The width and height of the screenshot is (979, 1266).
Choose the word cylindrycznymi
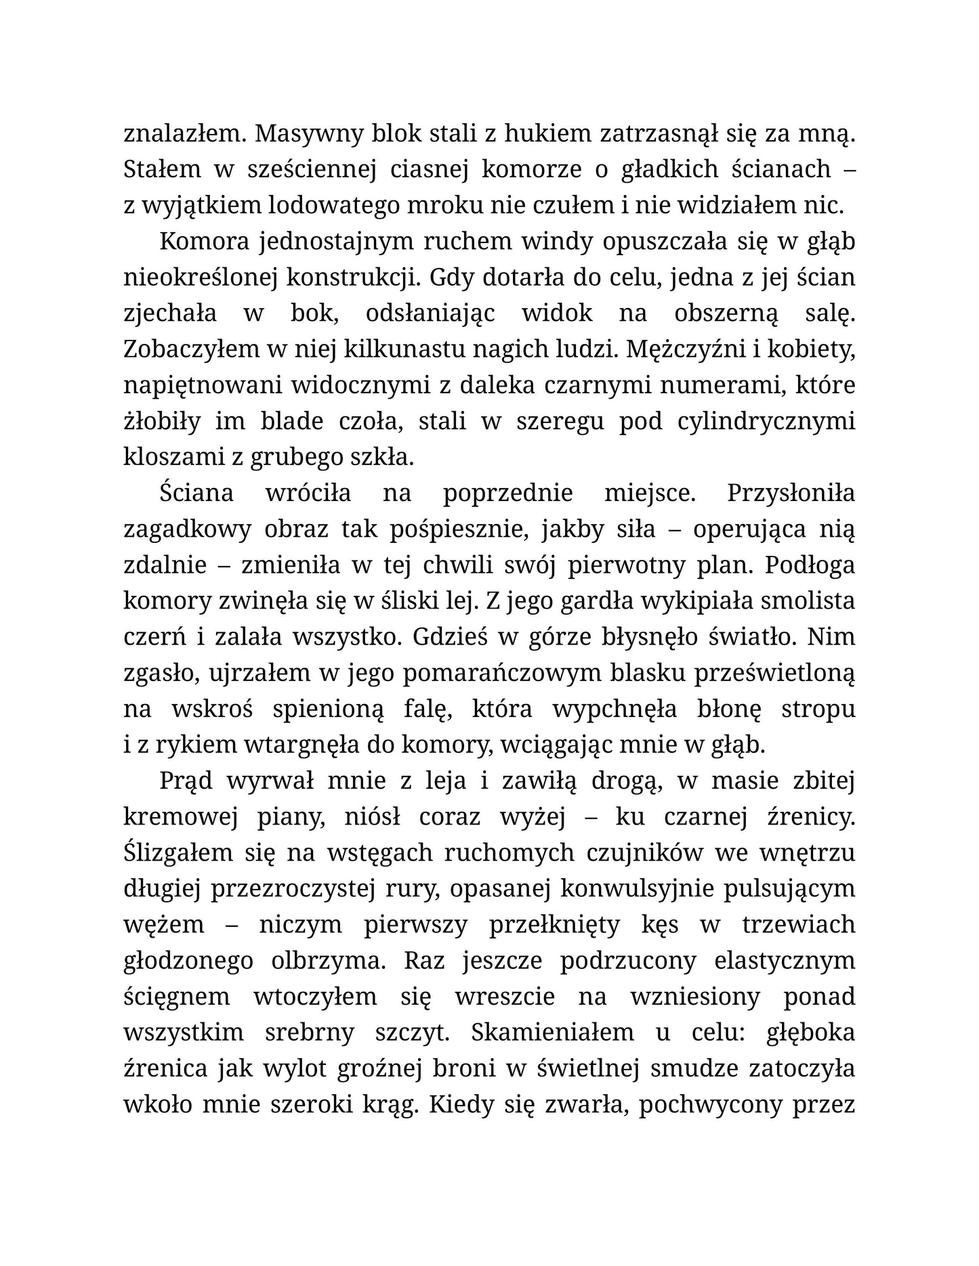click(x=766, y=421)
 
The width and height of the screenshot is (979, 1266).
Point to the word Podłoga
click(x=810, y=565)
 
